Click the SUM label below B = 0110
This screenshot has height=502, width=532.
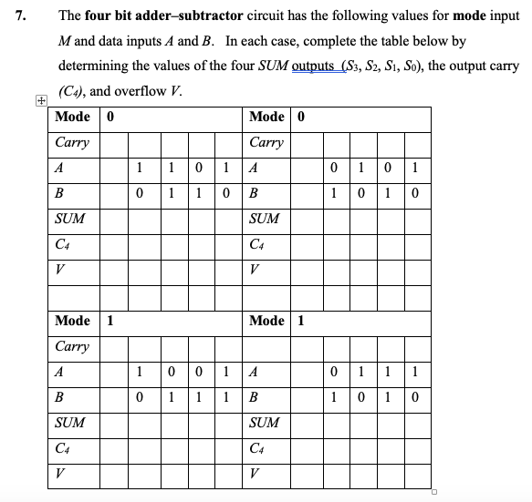(x=70, y=219)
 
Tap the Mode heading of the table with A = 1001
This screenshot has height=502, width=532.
(x=72, y=321)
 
